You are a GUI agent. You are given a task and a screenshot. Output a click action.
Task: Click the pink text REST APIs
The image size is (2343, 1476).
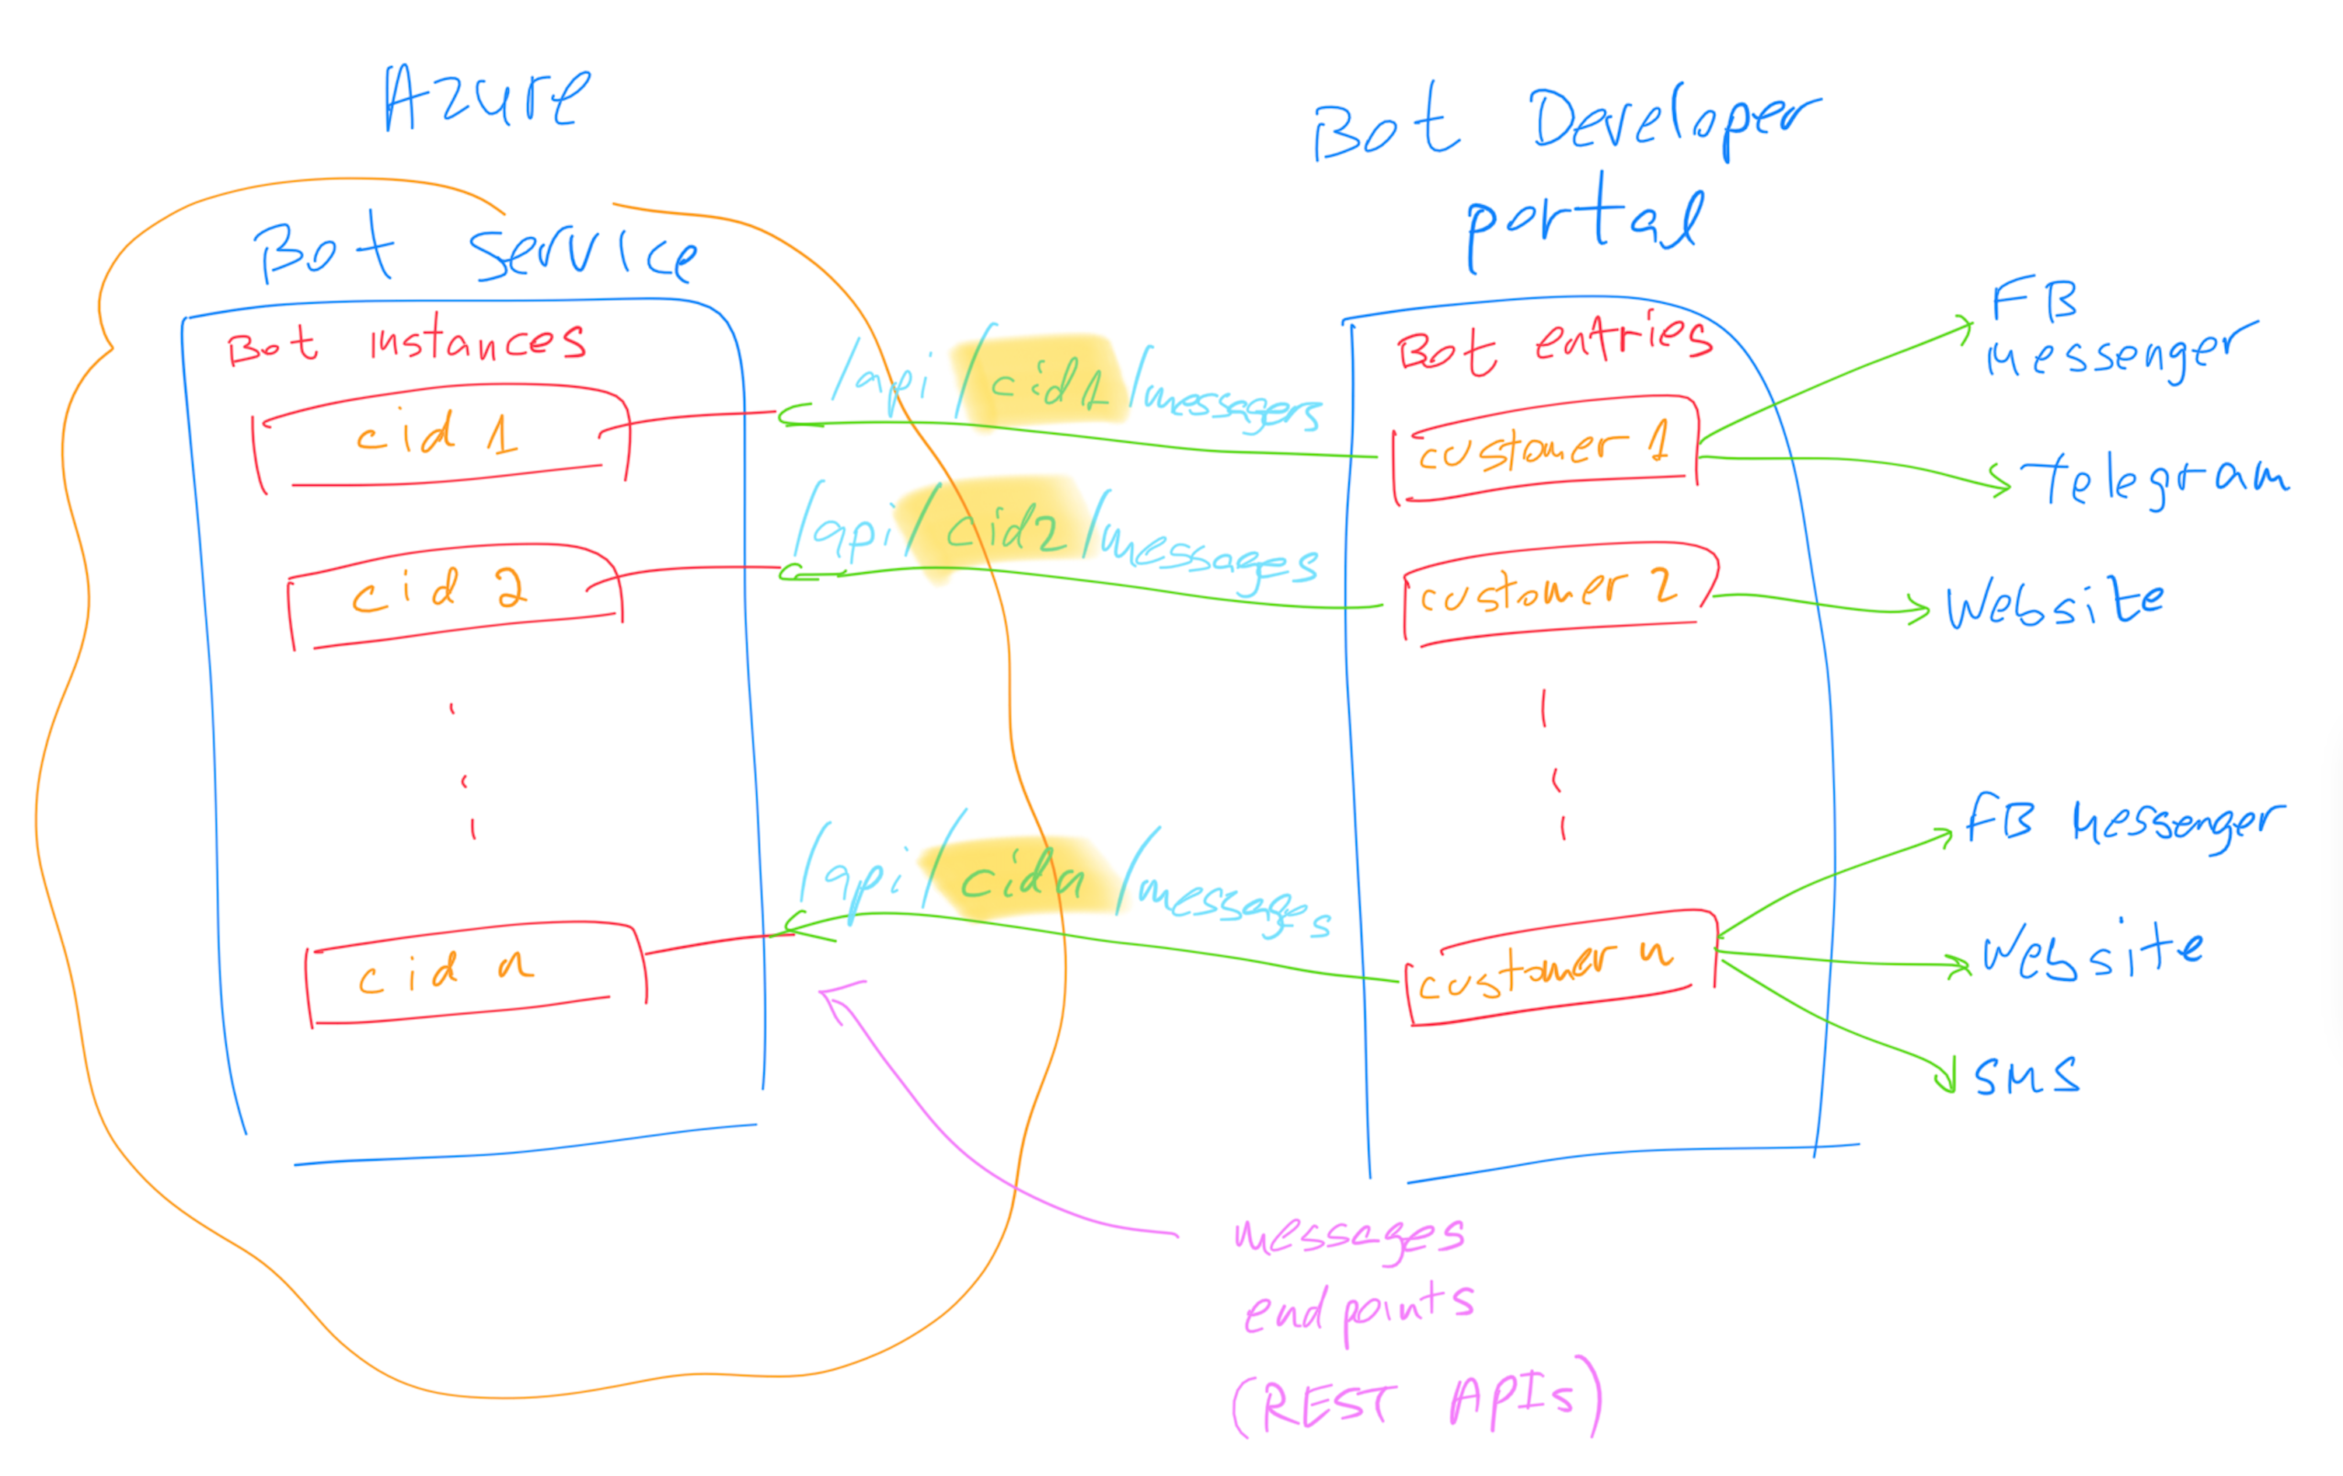point(1416,1401)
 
